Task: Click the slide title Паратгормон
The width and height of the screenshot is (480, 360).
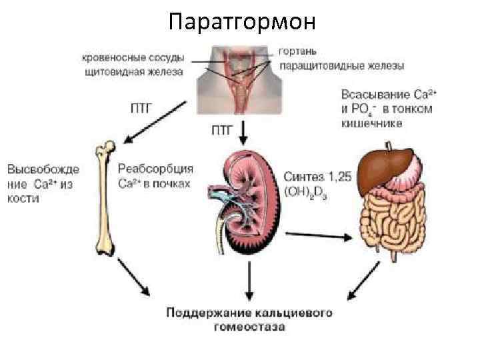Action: click(239, 21)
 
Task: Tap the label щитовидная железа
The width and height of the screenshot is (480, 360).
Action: click(134, 71)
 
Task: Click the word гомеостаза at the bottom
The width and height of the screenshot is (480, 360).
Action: click(249, 327)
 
